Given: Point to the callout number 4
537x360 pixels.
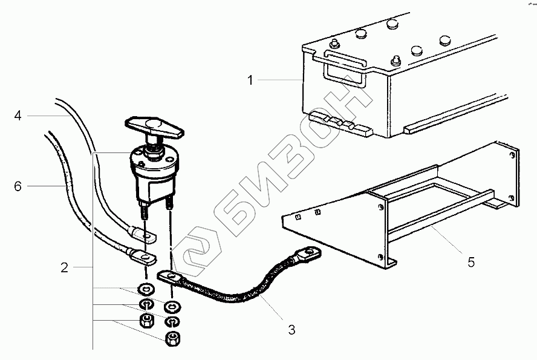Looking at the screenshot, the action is click(x=18, y=116).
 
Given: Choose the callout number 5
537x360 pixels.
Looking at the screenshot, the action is click(x=470, y=262).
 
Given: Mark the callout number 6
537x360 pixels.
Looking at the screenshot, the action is click(x=18, y=186).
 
